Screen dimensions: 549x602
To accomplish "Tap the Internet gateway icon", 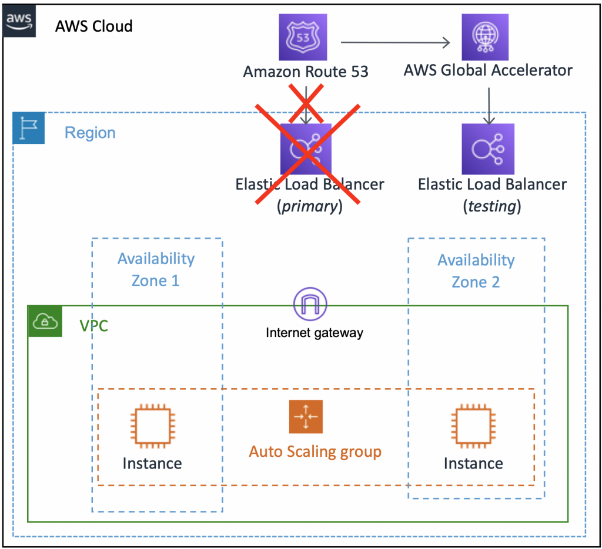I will pos(310,304).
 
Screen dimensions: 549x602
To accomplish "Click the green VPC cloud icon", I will pos(45,321).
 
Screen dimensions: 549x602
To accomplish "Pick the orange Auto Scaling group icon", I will pos(306,416).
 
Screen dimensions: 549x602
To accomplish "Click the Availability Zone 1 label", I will pos(156,270).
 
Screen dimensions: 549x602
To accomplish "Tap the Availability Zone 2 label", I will pos(476,271).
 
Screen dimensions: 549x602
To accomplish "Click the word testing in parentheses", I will pos(493,207).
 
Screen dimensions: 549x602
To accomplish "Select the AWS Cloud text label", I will pos(93,26).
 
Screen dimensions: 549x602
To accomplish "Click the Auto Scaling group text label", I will pos(315,452).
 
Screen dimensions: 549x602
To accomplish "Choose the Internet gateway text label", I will pos(315,333).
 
